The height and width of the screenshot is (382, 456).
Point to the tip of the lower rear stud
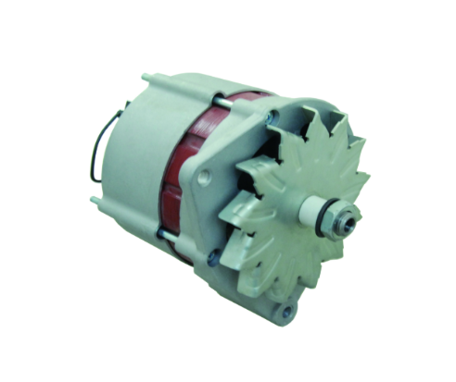[x=95, y=199]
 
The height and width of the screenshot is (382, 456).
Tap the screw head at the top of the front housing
[x=272, y=118]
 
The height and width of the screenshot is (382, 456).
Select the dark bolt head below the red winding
[x=165, y=235]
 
